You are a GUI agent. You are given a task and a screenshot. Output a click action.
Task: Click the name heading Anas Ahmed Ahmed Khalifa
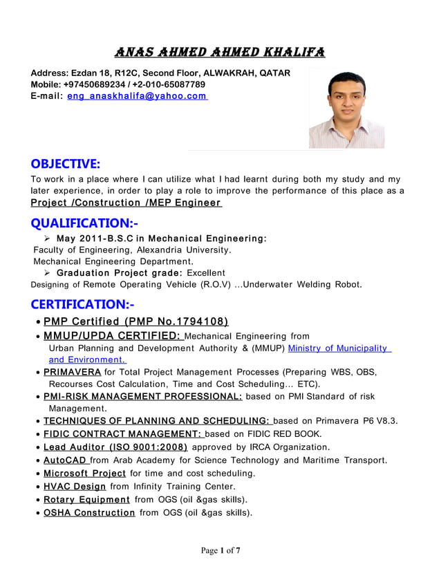coord(220,53)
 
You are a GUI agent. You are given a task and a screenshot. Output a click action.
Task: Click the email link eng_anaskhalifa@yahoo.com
coord(137,96)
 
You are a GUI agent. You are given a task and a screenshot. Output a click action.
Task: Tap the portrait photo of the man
coord(336,109)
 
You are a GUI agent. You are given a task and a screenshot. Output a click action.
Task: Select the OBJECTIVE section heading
coord(66,164)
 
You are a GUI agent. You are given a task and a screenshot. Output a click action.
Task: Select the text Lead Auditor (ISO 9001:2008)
coord(115,447)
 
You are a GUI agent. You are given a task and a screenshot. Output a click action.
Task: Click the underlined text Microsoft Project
coord(84,474)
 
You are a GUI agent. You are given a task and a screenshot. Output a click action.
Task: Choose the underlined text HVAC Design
coord(75,487)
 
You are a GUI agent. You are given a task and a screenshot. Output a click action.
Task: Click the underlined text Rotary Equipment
coord(86,499)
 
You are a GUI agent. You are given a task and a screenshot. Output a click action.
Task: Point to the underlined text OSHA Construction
coord(89,512)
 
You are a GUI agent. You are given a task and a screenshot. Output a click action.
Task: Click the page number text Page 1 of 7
coord(220,551)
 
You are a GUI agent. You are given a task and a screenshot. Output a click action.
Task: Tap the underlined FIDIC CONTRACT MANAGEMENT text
coord(122,434)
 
